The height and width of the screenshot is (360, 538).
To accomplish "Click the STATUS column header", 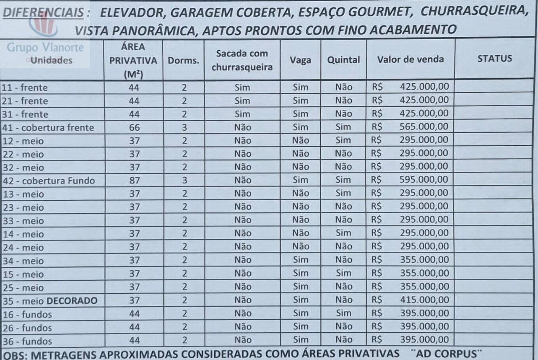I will click(494, 59).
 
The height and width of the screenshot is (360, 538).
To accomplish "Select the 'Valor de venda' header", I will click(410, 59).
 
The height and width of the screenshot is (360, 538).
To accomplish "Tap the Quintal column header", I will click(343, 60).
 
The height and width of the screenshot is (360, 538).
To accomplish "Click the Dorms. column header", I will click(183, 60).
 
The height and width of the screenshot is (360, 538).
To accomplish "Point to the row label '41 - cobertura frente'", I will click(48, 128).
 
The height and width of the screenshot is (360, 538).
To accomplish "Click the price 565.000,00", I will click(424, 126).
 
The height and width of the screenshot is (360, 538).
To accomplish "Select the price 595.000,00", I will click(424, 180).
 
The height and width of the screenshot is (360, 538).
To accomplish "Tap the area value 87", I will click(134, 180).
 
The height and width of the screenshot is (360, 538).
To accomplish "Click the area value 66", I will click(134, 127).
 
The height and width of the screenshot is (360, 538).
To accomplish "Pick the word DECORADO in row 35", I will click(72, 301).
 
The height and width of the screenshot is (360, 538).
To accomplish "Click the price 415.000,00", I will click(424, 300).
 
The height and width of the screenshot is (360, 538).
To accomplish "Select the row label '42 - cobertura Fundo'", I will click(49, 181).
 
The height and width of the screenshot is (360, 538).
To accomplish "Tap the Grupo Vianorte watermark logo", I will click(45, 36).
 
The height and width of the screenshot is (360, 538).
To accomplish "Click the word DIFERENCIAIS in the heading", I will click(43, 13).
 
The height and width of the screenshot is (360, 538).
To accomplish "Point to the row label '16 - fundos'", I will click(27, 314).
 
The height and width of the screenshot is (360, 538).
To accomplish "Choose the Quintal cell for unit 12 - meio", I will click(343, 140).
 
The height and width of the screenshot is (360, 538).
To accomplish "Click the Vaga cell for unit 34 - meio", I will click(300, 260).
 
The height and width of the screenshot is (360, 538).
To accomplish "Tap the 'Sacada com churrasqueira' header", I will click(242, 60).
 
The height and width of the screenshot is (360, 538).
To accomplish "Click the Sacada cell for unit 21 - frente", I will click(242, 101).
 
